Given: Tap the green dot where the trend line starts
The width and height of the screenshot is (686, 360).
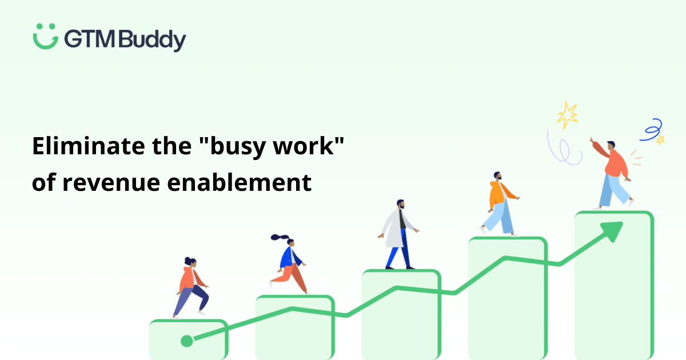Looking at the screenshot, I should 186,341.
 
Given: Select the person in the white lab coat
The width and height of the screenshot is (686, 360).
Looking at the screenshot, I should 398,234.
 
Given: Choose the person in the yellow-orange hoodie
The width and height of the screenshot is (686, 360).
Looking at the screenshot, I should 499,203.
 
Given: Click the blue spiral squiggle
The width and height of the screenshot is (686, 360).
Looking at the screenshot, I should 652,130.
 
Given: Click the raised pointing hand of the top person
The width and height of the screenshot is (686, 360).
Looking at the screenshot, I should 593,140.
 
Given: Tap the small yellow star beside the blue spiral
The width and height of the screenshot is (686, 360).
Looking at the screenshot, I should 660,139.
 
